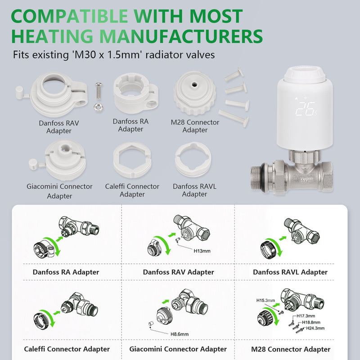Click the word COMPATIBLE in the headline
coord(69,16)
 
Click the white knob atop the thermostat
coord(305,74)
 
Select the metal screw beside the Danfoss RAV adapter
coord(99,91)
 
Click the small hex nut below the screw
coord(99,107)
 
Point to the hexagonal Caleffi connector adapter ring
coord(132,160)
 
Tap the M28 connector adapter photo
coord(195,93)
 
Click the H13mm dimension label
coord(202,251)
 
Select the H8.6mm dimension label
coord(179,334)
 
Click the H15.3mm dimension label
coord(265,300)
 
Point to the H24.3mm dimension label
coord(315,328)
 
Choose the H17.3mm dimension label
coord(306,316)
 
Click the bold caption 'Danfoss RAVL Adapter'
coord(290,272)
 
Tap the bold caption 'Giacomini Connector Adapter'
coord(178,349)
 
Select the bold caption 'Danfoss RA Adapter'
coord(66,272)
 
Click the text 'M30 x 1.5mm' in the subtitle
coord(107,54)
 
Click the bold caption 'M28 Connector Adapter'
coord(291,349)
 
